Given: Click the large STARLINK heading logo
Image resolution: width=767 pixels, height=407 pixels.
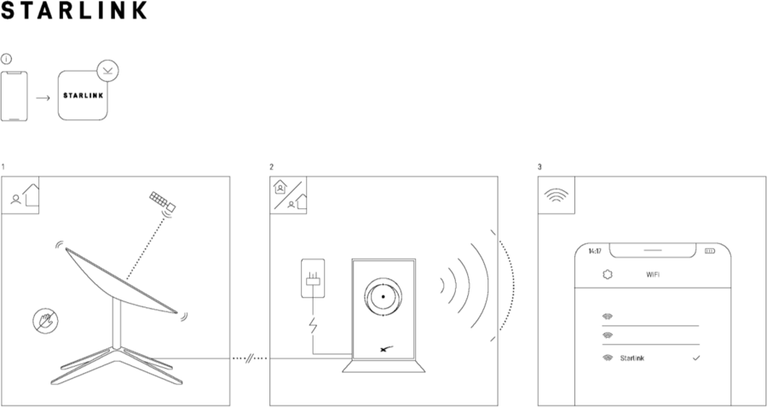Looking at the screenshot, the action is (x=74, y=9).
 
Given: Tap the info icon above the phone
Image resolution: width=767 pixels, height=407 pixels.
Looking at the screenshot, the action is (x=6, y=59).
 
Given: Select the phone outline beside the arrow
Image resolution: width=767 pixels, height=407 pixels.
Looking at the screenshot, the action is (x=14, y=96).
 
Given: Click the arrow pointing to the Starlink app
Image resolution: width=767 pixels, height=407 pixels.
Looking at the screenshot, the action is (x=43, y=98).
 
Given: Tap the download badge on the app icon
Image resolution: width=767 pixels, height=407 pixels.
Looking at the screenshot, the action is (x=107, y=71).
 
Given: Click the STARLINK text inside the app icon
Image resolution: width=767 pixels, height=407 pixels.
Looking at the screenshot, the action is (x=84, y=96).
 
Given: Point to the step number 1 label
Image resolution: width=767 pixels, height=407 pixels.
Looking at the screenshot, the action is (x=3, y=167).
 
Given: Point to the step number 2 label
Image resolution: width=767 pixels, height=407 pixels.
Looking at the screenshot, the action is (x=272, y=167).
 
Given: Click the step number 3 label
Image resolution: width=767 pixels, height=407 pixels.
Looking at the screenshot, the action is (x=539, y=167).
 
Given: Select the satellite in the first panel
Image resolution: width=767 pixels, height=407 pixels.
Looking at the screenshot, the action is (x=163, y=202).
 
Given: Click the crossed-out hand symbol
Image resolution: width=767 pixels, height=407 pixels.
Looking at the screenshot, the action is (x=45, y=321).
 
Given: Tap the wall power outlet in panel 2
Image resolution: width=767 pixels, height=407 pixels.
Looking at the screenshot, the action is (x=313, y=278).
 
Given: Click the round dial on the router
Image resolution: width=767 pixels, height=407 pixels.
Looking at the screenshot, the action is (x=383, y=297).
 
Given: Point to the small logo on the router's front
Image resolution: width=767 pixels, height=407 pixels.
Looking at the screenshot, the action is (x=386, y=349).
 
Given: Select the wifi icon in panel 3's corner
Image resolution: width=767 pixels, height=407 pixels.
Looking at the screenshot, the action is (x=557, y=195).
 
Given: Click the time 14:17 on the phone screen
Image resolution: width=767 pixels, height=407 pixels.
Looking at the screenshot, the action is (x=594, y=251).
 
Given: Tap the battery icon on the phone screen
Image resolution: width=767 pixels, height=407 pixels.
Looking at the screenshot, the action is (x=710, y=251).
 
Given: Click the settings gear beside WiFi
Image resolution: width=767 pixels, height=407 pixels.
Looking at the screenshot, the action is (x=608, y=275).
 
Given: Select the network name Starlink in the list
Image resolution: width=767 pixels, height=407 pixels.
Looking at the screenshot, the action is (x=632, y=358).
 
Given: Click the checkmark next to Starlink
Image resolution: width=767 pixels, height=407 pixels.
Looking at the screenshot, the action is (x=696, y=358).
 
